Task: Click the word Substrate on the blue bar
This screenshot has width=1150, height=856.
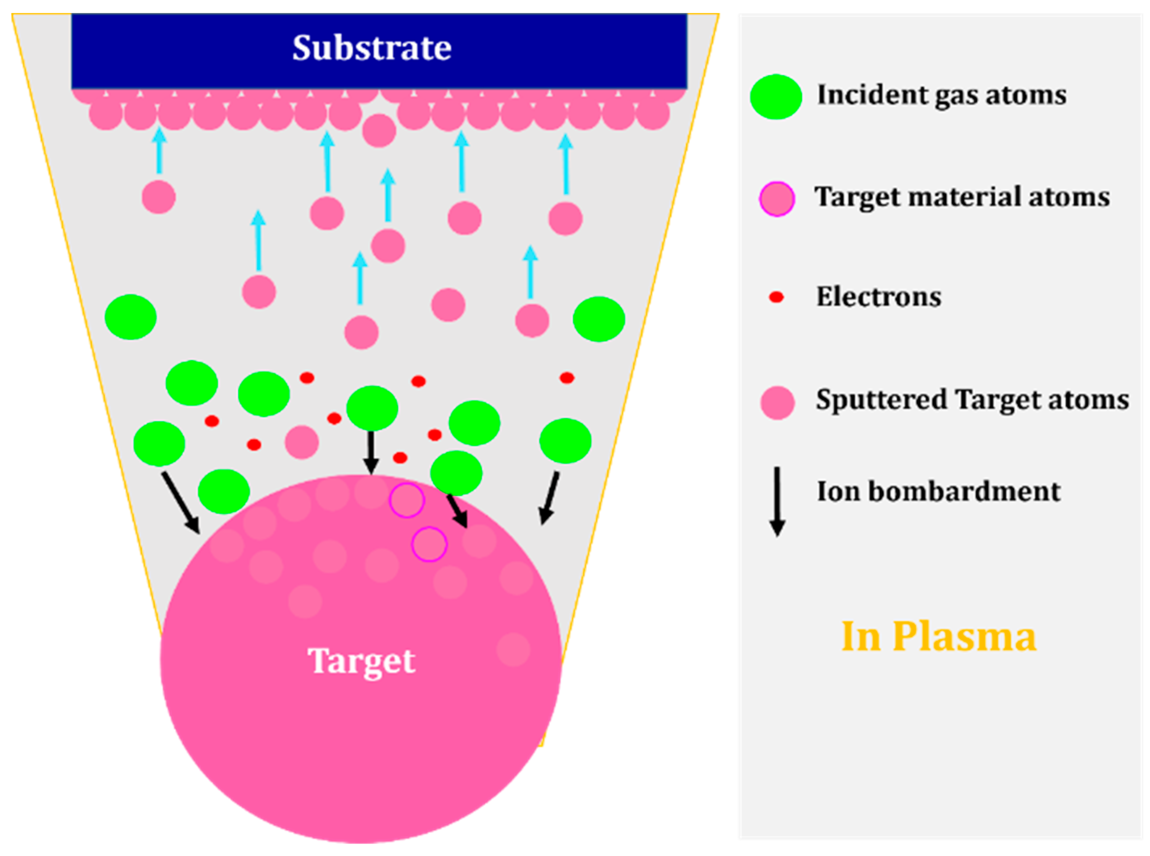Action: click(x=372, y=48)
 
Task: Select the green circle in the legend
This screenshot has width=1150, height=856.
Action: click(x=776, y=97)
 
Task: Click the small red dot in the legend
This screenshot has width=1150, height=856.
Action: click(x=776, y=297)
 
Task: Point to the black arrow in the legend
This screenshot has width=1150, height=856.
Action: click(x=777, y=501)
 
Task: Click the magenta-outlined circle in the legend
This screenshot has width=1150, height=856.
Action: click(x=777, y=198)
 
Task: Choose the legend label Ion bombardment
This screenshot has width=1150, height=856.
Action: click(x=938, y=491)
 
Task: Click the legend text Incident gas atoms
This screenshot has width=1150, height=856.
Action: click(x=941, y=95)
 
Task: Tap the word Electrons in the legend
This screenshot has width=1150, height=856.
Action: click(x=878, y=297)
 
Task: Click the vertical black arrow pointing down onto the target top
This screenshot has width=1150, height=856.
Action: click(x=370, y=452)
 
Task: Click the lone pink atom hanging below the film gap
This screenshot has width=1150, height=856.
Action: click(x=379, y=131)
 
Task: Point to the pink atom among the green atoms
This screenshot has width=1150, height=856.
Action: click(x=302, y=442)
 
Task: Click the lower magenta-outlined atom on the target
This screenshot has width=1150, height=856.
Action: click(x=429, y=544)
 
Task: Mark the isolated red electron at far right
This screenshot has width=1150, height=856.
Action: click(x=567, y=378)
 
